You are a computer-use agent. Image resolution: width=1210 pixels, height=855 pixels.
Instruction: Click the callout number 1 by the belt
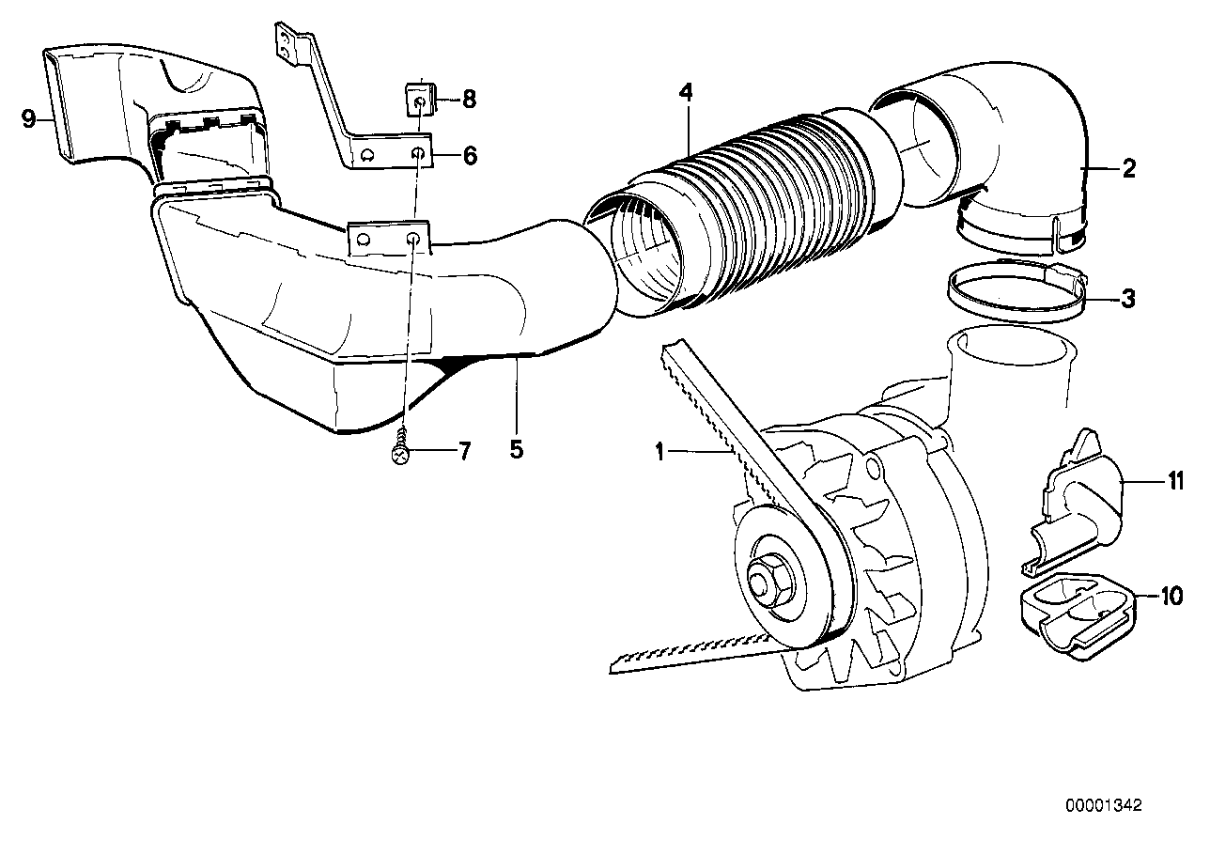coord(660,453)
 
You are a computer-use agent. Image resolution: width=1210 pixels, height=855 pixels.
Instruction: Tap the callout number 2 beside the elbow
coord(1128,169)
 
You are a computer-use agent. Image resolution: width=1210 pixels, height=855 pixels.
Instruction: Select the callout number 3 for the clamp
coord(1128,299)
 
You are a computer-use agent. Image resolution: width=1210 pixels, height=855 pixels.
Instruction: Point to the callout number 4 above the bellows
coord(687,92)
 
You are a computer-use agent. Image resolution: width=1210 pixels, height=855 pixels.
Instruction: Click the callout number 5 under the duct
coord(516,449)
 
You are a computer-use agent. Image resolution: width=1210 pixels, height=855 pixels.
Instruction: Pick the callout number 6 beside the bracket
coord(469,156)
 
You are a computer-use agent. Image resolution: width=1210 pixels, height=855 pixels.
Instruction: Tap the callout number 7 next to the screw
coord(463,451)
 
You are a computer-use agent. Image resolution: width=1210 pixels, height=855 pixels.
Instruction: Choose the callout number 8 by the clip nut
coord(469,97)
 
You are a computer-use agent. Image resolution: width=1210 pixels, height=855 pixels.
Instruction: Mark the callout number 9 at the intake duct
coord(28,118)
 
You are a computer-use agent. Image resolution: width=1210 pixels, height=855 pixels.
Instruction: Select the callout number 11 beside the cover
coord(1174,482)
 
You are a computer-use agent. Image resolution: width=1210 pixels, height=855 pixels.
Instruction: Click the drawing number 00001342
coord(1103,806)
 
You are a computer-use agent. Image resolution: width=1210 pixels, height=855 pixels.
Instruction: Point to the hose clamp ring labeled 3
coord(1015,293)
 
